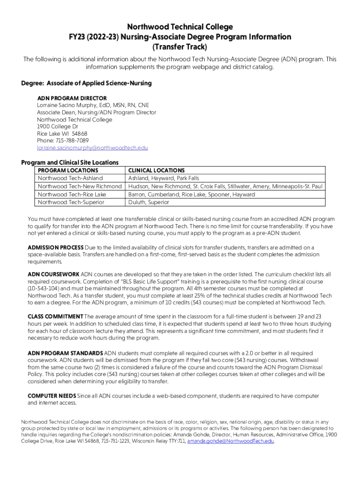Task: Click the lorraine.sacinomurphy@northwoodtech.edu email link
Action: tap(92, 148)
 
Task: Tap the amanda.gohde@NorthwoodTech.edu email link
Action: tap(230, 441)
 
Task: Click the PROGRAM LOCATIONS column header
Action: tap(68, 171)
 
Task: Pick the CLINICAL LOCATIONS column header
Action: tap(156, 171)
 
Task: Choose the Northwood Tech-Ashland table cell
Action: tap(70, 178)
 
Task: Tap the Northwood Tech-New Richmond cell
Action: tap(80, 186)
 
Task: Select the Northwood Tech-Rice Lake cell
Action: tap(72, 194)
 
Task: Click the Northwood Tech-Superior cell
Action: tap(71, 202)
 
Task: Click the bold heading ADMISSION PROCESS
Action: tap(56, 247)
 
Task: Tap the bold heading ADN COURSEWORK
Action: tap(53, 274)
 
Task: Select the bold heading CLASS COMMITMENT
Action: tap(55, 317)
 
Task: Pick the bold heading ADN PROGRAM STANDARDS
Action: tap(65, 353)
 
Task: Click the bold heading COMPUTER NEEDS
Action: tap(51, 396)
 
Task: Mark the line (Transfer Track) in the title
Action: tap(180, 47)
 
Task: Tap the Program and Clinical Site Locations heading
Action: tap(70, 162)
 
